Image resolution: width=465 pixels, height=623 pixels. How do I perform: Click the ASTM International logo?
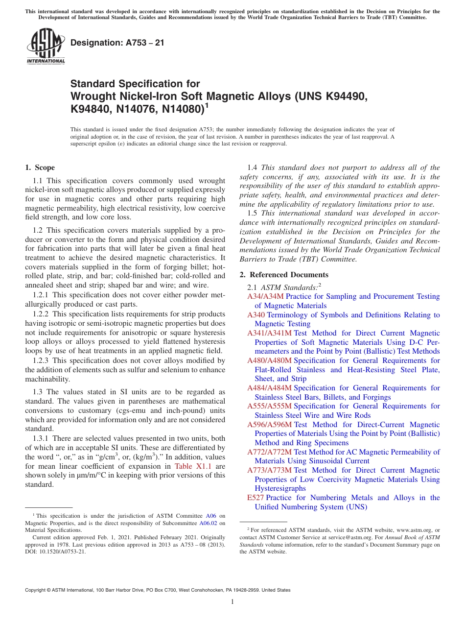(x=45, y=47)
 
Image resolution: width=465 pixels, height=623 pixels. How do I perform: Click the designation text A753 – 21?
(x=117, y=43)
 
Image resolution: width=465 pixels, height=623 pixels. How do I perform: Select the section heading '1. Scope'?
(x=40, y=168)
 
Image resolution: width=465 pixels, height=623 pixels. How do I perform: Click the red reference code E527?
(x=256, y=498)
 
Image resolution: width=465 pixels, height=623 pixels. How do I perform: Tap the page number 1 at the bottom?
(x=232, y=601)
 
